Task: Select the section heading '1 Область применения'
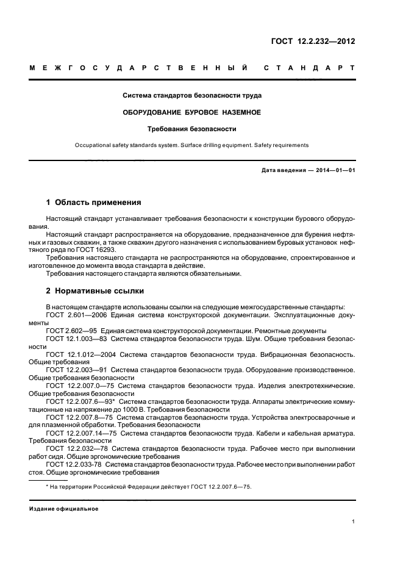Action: [94, 202]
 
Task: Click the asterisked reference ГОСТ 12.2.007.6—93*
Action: [80, 402]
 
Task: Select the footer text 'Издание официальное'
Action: [64, 508]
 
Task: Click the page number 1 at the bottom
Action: [353, 522]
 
